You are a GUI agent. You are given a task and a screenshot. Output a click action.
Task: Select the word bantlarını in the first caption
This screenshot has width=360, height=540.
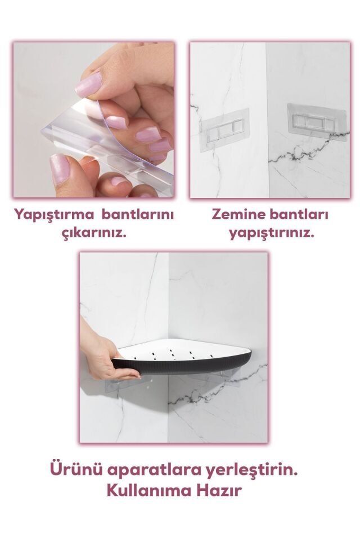click(x=141, y=215)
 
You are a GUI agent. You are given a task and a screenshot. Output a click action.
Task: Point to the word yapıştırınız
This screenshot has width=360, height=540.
click(x=271, y=232)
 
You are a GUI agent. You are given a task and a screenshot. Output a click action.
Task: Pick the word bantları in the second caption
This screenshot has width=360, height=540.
click(x=300, y=215)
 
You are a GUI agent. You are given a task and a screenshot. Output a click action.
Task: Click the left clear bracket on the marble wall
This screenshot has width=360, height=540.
click(x=224, y=129)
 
